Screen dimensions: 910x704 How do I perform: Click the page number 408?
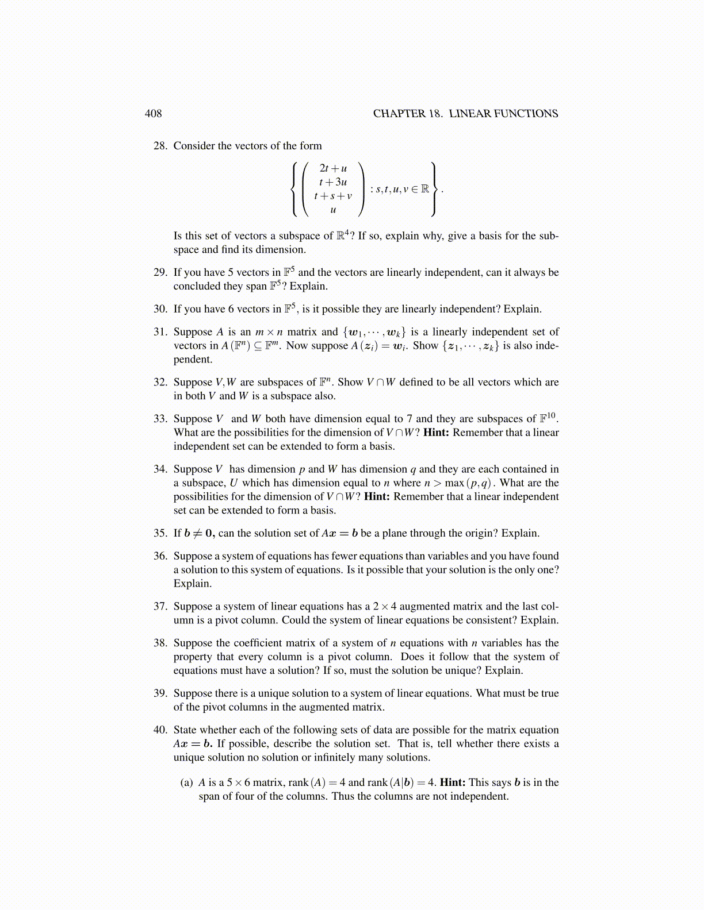click(153, 114)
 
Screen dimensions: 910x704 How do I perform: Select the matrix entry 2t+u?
click(333, 168)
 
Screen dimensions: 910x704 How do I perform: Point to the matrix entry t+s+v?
click(333, 196)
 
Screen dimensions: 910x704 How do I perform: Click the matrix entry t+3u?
click(333, 182)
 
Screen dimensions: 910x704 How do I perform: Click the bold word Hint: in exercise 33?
click(436, 433)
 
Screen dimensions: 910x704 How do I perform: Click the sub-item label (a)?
click(186, 782)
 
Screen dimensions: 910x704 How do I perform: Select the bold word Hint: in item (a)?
click(453, 782)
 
